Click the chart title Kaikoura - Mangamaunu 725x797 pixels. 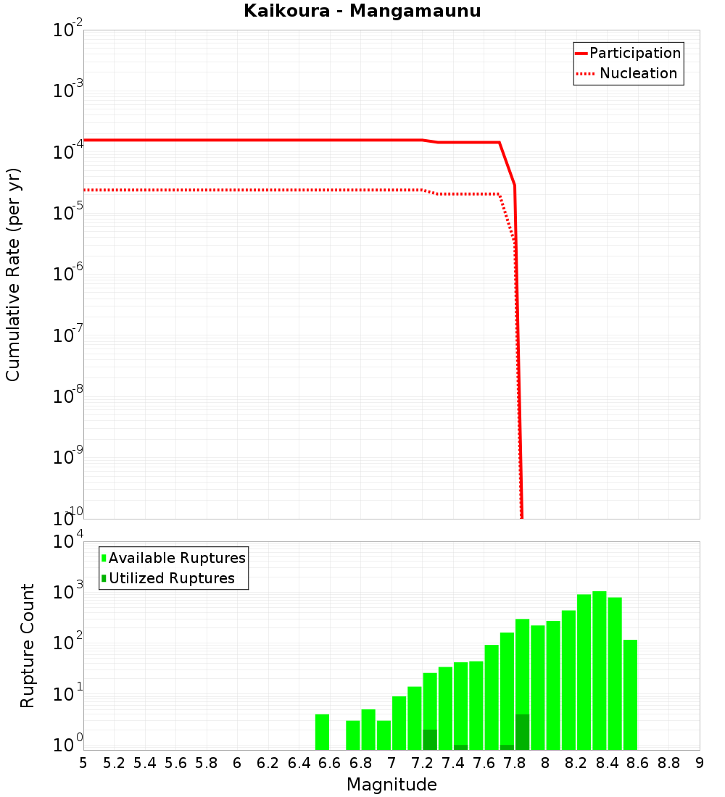362,12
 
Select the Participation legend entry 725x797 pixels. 634,54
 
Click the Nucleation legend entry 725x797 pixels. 637,74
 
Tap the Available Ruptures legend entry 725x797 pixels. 177,559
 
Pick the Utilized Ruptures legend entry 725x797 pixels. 171,579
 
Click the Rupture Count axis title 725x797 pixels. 28,646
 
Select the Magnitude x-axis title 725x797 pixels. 391,785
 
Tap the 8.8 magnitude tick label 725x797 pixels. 668,763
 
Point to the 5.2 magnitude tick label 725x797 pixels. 114,763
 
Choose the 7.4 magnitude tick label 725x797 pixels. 453,763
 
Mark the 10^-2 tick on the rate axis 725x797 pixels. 68,30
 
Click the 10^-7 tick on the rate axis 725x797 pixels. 68,335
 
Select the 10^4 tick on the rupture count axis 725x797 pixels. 68,542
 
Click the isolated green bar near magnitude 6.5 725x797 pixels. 323,732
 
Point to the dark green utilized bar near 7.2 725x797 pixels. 430,740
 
